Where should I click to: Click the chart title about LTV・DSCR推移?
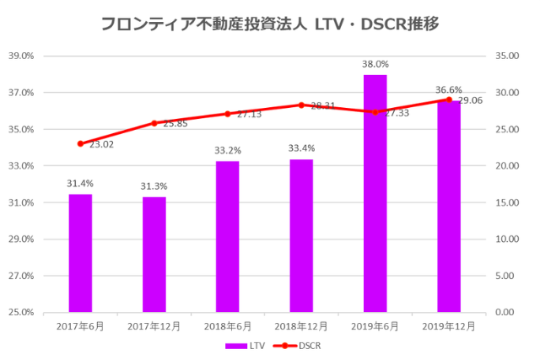point(269,24)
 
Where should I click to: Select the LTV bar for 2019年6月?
point(375,193)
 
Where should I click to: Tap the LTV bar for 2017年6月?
point(80,253)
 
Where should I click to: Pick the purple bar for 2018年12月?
point(301,235)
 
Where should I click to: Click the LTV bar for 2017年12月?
point(154,254)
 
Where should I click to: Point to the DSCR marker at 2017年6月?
point(80,143)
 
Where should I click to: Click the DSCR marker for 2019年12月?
point(449,99)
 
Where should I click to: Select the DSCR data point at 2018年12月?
point(301,105)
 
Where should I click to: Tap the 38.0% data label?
point(375,64)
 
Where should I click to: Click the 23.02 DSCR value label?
point(101,144)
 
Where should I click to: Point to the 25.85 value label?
point(175,124)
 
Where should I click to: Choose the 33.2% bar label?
point(227,150)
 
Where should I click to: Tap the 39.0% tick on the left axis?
point(20,56)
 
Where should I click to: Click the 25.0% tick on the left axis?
point(20,312)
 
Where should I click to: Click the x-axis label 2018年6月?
point(228,325)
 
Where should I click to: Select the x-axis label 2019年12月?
point(449,325)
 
